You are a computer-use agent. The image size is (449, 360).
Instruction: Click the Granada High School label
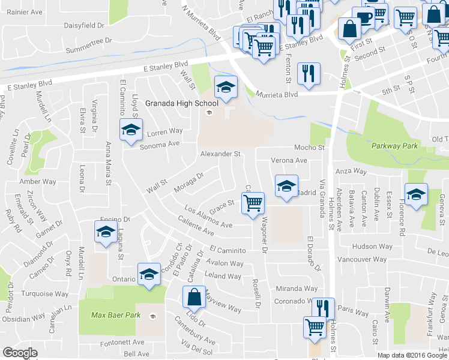pyautogui.click(x=173, y=103)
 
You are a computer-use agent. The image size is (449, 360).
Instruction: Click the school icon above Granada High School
pyautogui.click(x=226, y=88)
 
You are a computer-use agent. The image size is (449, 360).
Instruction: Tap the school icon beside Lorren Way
pyautogui.click(x=130, y=129)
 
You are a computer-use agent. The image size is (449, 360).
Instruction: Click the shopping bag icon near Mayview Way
pyautogui.click(x=194, y=296)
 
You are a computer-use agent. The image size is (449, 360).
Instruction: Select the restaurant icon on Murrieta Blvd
pyautogui.click(x=309, y=74)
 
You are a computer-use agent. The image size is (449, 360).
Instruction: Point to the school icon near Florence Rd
pyautogui.click(x=416, y=194)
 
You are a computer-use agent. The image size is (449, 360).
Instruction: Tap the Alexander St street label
pyautogui.click(x=220, y=154)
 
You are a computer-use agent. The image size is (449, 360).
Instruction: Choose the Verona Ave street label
pyautogui.click(x=289, y=160)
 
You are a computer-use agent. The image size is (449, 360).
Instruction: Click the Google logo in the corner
pyautogui.click(x=20, y=353)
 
